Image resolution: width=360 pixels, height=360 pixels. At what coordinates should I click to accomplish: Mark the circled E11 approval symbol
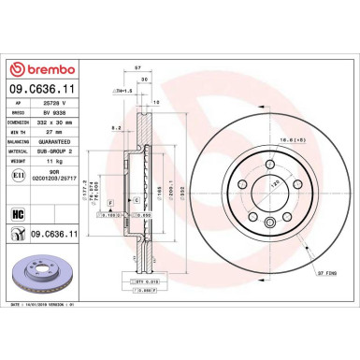coord(20,175)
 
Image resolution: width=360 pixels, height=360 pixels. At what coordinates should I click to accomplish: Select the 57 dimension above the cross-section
coord(137,70)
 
